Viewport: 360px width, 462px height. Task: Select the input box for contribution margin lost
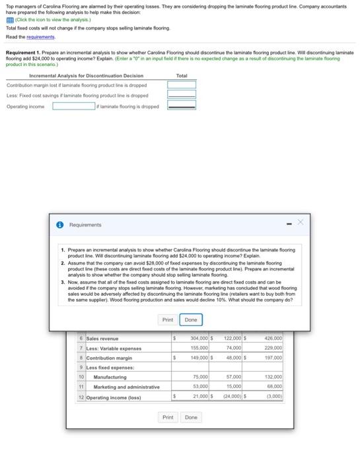[x=182, y=85]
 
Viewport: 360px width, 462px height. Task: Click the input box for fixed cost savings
[x=182, y=96]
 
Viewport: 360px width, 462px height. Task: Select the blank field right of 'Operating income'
[x=77, y=106]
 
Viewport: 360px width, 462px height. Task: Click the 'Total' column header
[x=182, y=75]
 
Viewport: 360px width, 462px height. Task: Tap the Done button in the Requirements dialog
[x=192, y=319]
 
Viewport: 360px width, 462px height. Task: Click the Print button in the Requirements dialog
[x=168, y=319]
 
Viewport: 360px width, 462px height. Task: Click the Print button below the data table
[x=168, y=417]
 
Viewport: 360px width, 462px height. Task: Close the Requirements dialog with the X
[x=301, y=224]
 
